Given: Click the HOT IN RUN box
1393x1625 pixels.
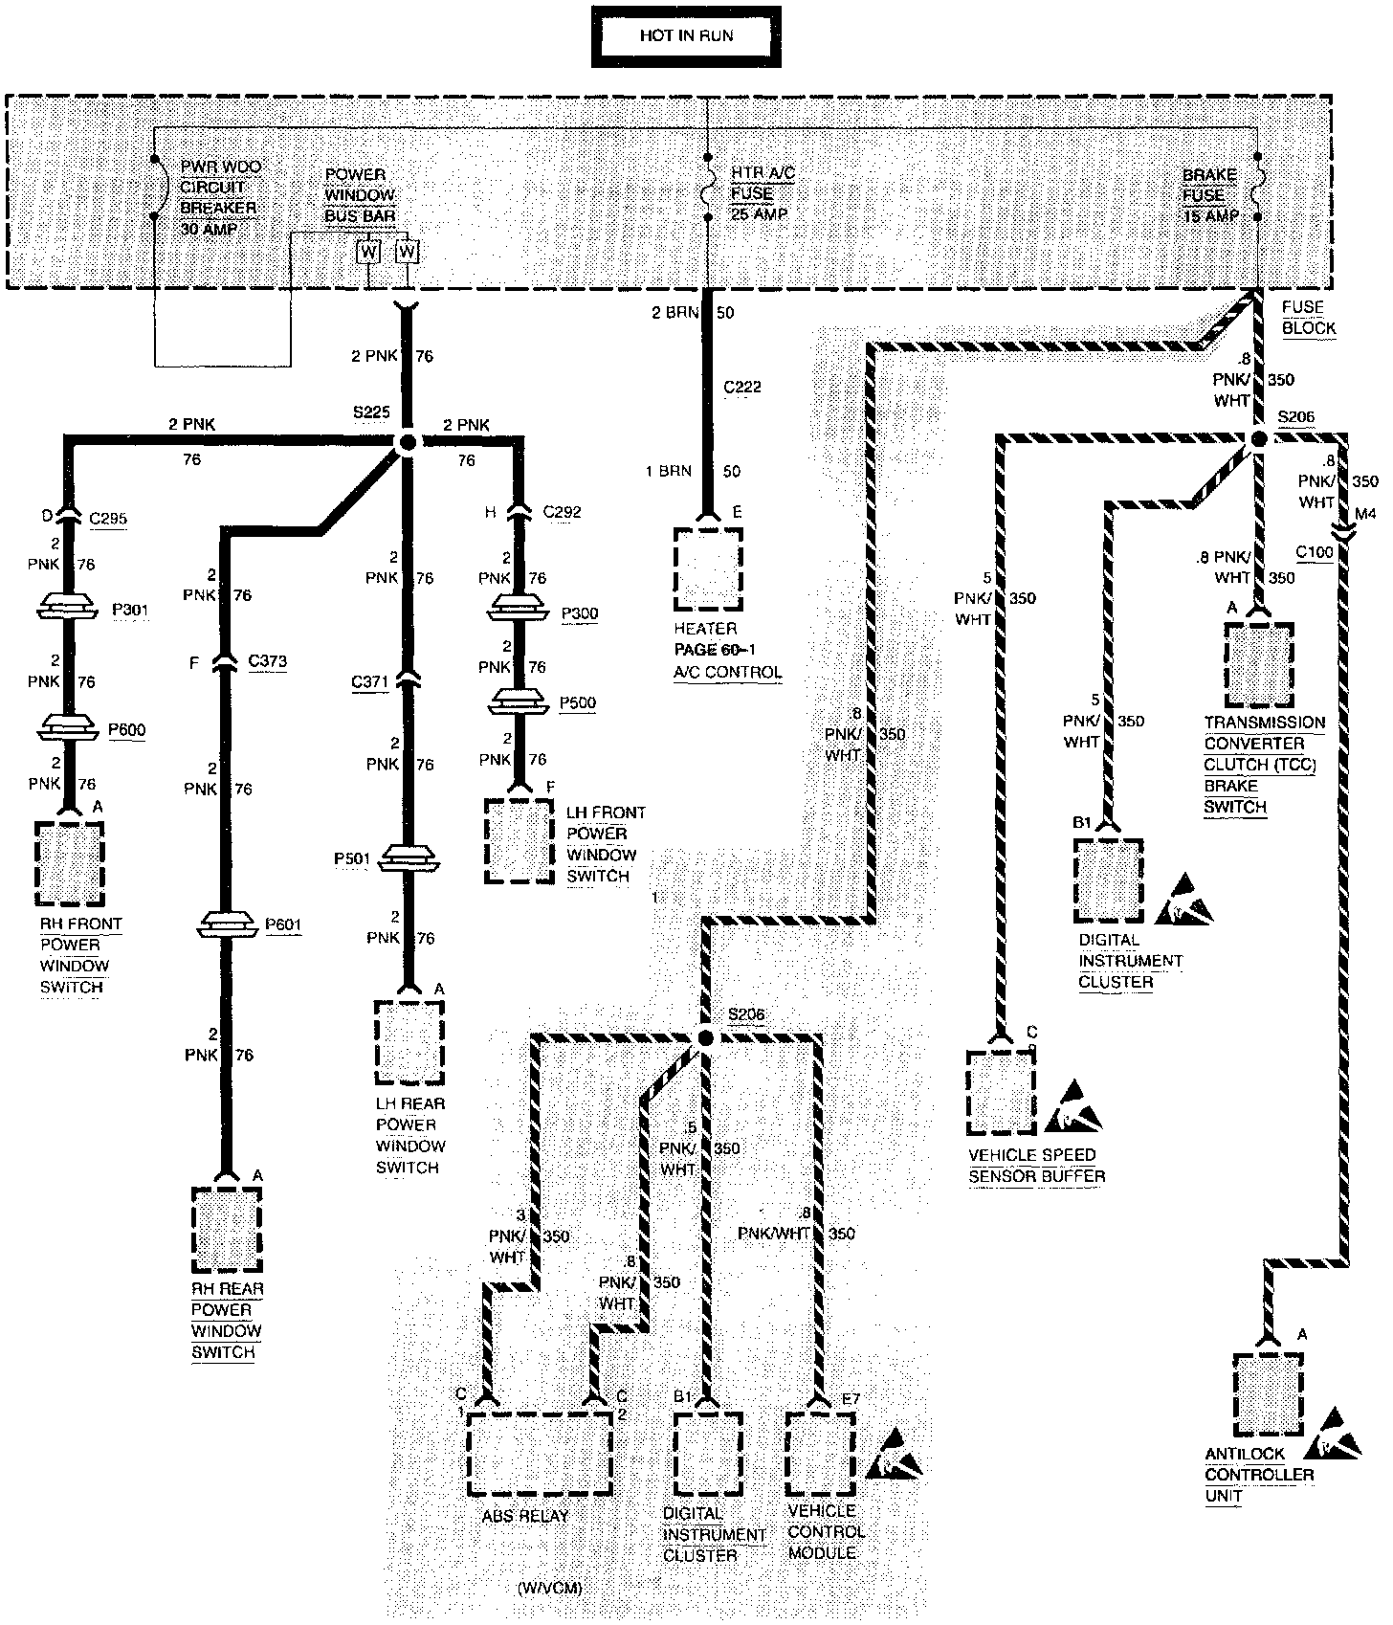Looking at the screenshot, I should [686, 36].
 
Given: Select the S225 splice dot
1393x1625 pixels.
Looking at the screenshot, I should [407, 443].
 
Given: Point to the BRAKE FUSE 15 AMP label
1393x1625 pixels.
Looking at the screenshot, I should [1210, 195].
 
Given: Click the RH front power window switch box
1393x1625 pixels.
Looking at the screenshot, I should [69, 861].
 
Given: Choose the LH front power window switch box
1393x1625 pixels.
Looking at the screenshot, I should [519, 840].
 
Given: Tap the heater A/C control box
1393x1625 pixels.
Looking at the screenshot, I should [707, 568].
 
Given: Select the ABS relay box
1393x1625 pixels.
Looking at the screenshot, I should [540, 1454].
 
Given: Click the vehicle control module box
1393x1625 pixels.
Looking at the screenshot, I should [820, 1453].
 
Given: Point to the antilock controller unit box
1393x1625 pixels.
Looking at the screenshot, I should [1268, 1393].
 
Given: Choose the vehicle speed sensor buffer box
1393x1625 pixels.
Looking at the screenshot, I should [1001, 1092].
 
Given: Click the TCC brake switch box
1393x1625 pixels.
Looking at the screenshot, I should [1260, 665].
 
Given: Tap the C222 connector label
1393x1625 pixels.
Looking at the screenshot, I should [742, 388].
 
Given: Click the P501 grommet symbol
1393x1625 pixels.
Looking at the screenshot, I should [409, 858].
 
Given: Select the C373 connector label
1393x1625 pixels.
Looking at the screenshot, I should [267, 661].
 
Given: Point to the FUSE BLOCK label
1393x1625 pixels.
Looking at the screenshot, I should [1308, 318].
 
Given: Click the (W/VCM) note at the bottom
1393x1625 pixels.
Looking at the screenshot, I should [549, 1588].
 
